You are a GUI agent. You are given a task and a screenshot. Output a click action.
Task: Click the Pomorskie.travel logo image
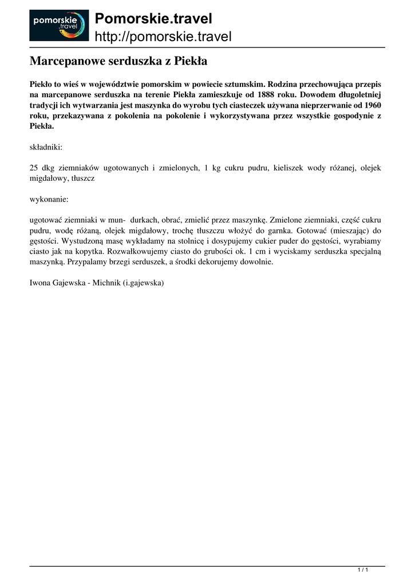[59, 25]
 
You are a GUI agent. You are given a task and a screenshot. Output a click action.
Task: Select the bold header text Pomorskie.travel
[153, 18]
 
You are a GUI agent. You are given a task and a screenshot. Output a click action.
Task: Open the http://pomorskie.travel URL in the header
[163, 37]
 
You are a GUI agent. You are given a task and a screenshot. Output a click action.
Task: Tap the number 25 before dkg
[34, 168]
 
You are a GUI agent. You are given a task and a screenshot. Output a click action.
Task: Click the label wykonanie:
[49, 200]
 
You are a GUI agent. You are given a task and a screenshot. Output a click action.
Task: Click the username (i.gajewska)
[144, 283]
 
